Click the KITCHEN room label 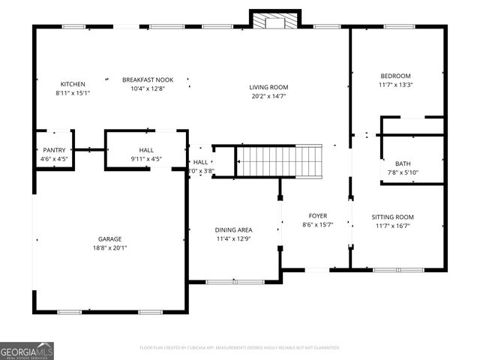pyautogui.click(x=73, y=84)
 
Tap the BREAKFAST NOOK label pyautogui.click(x=147, y=79)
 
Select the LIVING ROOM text pyautogui.click(x=268, y=87)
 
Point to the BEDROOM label pyautogui.click(x=395, y=76)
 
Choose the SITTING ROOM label pyautogui.click(x=393, y=217)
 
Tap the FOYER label pyautogui.click(x=317, y=215)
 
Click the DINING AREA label pyautogui.click(x=233, y=229)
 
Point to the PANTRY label pyautogui.click(x=53, y=150)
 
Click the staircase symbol pyautogui.click(x=279, y=161)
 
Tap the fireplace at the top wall pyautogui.click(x=275, y=21)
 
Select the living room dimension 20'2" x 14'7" pyautogui.click(x=268, y=96)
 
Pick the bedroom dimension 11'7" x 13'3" pyautogui.click(x=395, y=85)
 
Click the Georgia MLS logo pyautogui.click(x=27, y=350)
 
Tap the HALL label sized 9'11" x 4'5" pyautogui.click(x=146, y=150)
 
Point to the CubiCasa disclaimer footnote pyautogui.click(x=240, y=348)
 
